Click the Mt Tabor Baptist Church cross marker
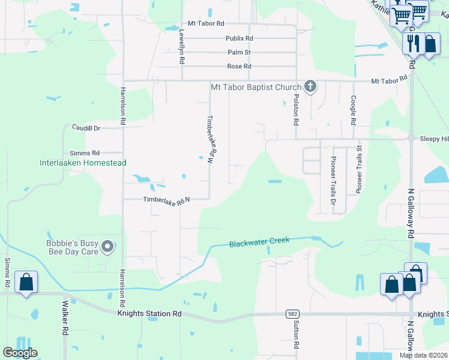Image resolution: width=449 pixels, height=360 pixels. pos(310,86)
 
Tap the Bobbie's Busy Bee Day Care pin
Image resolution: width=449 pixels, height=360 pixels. pos(108,246)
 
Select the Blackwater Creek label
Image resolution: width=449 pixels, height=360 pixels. pos(259,242)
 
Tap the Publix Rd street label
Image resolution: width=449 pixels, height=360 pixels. pos(239,38)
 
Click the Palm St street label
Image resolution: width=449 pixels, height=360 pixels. pos(239,52)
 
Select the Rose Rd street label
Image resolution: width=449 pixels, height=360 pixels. pos(239,66)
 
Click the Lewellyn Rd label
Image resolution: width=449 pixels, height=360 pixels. pos(181,47)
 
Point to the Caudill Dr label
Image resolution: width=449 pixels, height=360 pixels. pos(86,128)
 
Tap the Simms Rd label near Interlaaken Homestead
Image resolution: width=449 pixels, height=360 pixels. pos(85,153)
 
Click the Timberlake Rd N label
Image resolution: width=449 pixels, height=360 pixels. pos(166,201)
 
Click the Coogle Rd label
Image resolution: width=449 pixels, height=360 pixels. pos(354,109)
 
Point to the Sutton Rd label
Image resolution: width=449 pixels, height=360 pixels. pos(296,335)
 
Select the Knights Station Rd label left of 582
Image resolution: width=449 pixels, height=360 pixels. pos(149,313)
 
